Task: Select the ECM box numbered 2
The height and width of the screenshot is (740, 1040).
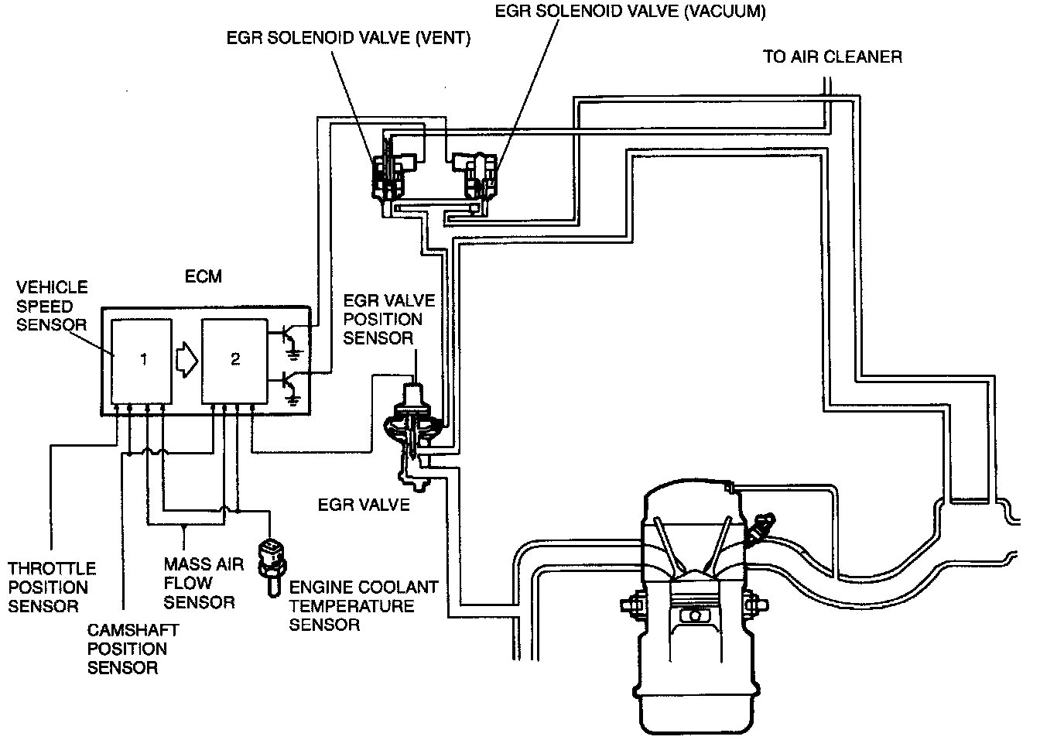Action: (234, 361)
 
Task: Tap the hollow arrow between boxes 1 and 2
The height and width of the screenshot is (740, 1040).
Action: (186, 359)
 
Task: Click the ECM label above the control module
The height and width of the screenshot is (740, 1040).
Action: (204, 276)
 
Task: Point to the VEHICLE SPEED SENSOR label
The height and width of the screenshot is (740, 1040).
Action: (52, 306)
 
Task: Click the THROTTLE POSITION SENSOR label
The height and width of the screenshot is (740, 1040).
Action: (52, 588)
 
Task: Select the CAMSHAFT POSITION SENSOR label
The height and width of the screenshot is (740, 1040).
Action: (127, 649)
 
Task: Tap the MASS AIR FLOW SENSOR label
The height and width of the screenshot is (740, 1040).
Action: (204, 583)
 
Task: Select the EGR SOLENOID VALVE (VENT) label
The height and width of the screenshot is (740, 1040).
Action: (348, 39)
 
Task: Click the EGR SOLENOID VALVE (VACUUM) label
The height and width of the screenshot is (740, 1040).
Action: (630, 12)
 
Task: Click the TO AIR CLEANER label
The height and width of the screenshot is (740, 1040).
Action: (832, 57)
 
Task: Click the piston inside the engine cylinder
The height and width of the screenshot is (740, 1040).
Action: (694, 615)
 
